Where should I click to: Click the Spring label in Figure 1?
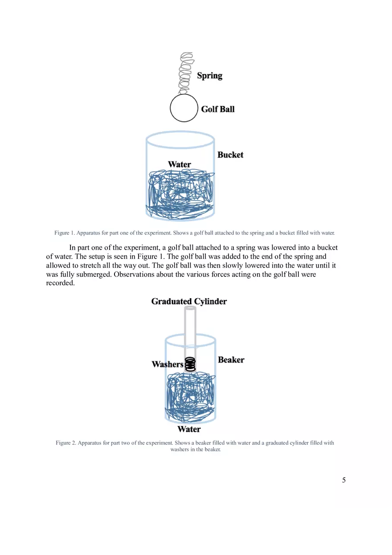click(209, 76)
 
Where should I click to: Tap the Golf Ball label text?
click(217, 109)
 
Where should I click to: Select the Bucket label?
click(230, 155)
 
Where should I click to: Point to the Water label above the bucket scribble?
click(180, 164)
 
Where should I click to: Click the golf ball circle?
click(184, 108)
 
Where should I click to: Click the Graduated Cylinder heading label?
click(189, 301)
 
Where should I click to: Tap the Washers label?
click(167, 364)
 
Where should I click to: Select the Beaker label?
click(231, 360)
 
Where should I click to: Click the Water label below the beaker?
click(189, 429)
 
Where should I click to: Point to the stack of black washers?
click(191, 365)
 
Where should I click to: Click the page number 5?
click(343, 480)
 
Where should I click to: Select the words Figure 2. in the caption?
click(65, 443)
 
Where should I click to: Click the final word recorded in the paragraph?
click(60, 283)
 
